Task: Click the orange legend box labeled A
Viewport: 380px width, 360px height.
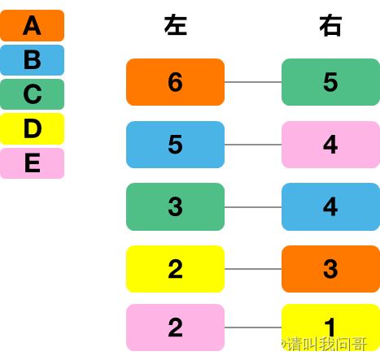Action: tap(32, 25)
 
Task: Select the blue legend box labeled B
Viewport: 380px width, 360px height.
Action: tap(32, 60)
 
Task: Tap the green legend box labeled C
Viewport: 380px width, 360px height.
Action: tap(32, 94)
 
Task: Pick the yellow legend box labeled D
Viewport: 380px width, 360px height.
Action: tap(32, 128)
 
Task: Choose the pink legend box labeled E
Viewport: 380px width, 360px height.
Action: tap(32, 163)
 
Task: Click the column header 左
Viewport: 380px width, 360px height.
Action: tap(176, 25)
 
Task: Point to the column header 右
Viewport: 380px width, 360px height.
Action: tap(330, 25)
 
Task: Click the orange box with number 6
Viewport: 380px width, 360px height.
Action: tap(175, 82)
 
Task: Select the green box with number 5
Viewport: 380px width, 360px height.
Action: tap(330, 82)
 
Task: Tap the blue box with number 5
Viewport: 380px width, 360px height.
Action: tap(175, 145)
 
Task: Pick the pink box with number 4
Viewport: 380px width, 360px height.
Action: tap(330, 145)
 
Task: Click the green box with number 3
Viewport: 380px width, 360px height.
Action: tap(175, 207)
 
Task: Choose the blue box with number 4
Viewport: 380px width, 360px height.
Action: tap(330, 207)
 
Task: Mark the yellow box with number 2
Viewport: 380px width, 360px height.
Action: tap(175, 269)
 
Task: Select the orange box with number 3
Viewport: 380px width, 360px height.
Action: tap(330, 269)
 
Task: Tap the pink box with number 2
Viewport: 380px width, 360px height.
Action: tap(175, 327)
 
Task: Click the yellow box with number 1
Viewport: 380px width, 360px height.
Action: tap(330, 327)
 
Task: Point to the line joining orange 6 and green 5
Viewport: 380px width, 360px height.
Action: tap(253, 82)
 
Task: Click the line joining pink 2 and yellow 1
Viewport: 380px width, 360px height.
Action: tap(253, 327)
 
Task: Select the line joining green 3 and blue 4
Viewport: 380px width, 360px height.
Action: tap(253, 207)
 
